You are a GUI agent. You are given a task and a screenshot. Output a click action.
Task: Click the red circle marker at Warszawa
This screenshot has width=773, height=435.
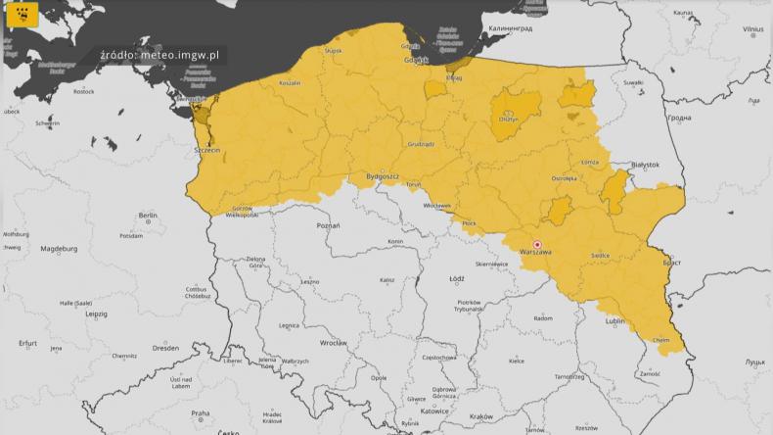[536, 244]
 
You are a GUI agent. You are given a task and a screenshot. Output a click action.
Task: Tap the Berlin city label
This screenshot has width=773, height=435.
[149, 215]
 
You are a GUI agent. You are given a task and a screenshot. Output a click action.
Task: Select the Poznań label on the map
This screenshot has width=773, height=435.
[329, 225]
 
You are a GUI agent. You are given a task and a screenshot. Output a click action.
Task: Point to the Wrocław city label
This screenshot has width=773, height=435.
[334, 343]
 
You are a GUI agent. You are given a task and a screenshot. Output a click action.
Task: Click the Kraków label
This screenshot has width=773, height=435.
[481, 416]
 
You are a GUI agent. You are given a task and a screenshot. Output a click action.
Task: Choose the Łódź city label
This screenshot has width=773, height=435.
[456, 278]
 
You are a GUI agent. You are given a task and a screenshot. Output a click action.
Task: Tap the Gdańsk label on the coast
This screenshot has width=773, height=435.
[417, 60]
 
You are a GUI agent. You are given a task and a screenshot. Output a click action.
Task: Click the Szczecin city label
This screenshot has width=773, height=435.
[207, 151]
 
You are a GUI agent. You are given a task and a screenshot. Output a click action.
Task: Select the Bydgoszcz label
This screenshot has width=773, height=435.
[383, 175]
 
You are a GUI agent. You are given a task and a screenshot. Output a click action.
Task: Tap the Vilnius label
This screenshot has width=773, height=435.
[751, 29]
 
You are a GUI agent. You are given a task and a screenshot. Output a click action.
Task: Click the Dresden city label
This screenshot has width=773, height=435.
[165, 347]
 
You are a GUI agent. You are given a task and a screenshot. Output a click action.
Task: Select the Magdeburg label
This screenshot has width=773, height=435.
[59, 249]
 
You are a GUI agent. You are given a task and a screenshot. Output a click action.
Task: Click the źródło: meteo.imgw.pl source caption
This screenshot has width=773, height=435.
[162, 56]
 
